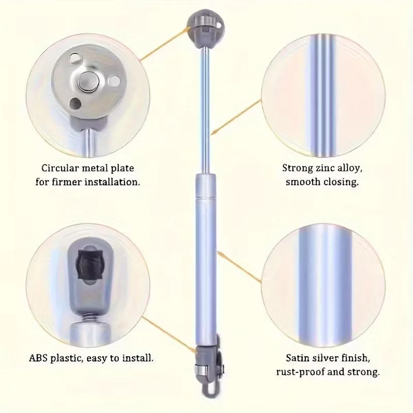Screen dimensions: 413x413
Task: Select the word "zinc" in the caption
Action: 326,168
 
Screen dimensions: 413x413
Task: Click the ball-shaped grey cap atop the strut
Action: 205,29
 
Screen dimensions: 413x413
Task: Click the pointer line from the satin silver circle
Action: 239,266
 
